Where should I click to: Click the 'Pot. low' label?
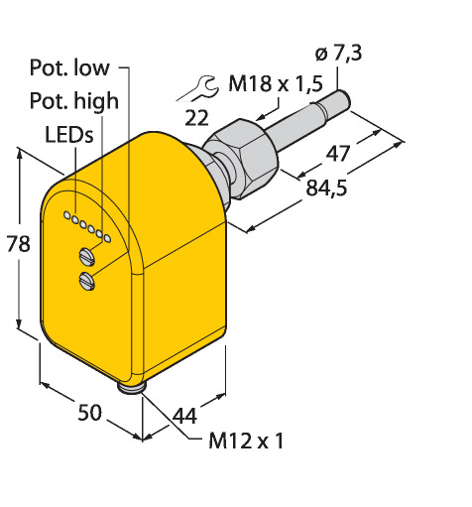click(x=69, y=67)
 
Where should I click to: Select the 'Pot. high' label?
click(x=74, y=100)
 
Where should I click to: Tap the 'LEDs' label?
click(x=69, y=135)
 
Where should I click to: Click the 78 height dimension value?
click(x=19, y=244)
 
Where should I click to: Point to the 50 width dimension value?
click(x=89, y=413)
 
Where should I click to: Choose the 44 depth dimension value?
click(x=185, y=416)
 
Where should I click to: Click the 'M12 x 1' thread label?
click(x=246, y=441)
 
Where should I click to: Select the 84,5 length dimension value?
click(x=326, y=188)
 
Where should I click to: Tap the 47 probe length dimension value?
click(x=337, y=154)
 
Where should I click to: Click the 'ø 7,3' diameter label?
click(x=338, y=54)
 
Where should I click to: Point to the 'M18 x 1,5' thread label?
click(x=276, y=83)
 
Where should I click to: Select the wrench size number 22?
click(x=196, y=118)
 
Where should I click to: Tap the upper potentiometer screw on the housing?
click(x=87, y=256)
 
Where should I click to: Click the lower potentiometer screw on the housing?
click(x=87, y=281)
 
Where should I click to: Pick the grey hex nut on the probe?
click(x=242, y=158)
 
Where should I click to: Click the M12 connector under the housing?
click(x=131, y=387)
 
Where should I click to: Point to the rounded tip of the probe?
click(x=345, y=99)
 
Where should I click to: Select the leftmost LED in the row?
click(x=66, y=215)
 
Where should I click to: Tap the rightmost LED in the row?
click(x=107, y=238)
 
